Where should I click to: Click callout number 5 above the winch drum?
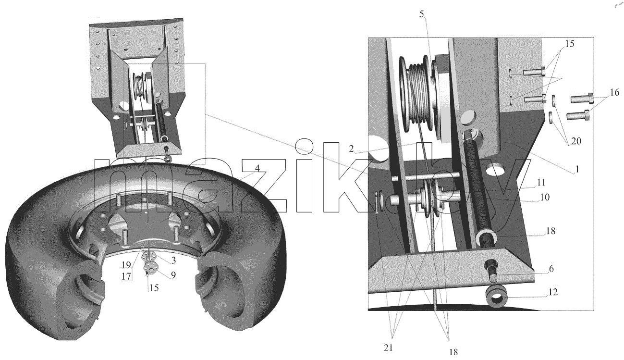421,14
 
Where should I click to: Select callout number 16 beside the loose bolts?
615,92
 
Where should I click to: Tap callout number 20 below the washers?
576,141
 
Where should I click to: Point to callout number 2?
351,149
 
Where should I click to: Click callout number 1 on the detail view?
577,169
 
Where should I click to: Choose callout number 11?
541,183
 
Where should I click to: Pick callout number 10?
545,197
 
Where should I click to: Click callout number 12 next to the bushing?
553,292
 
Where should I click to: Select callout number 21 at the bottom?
388,348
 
